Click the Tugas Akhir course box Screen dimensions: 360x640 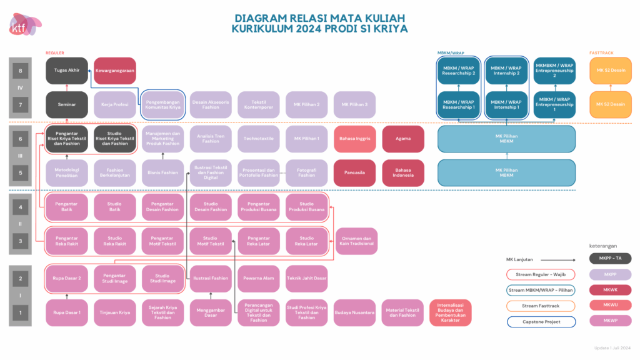pyautogui.click(x=67, y=71)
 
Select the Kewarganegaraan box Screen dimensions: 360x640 pyautogui.click(x=114, y=71)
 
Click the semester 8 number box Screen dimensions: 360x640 pyautogui.click(x=21, y=71)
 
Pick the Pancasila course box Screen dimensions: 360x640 pyautogui.click(x=355, y=172)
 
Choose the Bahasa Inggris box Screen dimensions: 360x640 pyautogui.click(x=355, y=139)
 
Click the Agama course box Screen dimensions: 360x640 pyautogui.click(x=403, y=139)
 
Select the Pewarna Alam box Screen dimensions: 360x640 pyautogui.click(x=259, y=278)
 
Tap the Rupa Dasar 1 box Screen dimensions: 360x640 pyautogui.click(x=67, y=312)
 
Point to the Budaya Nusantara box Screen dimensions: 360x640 pyautogui.click(x=355, y=312)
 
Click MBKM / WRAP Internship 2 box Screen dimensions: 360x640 pyautogui.click(x=506, y=71)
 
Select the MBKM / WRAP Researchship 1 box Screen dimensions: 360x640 pyautogui.click(x=458, y=104)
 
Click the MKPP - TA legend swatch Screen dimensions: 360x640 pyautogui.click(x=610, y=258)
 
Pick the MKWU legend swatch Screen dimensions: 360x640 pyautogui.click(x=610, y=306)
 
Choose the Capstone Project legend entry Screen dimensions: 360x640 pyautogui.click(x=539, y=322)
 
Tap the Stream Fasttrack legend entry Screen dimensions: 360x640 pyautogui.click(x=539, y=306)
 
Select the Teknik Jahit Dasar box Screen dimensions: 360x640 pyautogui.click(x=307, y=278)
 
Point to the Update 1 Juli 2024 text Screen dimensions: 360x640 pyautogui.click(x=612, y=348)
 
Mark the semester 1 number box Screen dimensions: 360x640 pyautogui.click(x=21, y=312)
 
